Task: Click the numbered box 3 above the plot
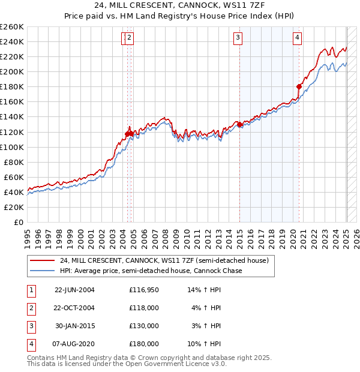pos(238,38)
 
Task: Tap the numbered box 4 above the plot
pos(297,38)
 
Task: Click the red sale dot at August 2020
pos(299,86)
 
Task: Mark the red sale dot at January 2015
pos(239,124)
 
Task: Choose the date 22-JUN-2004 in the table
pos(74,290)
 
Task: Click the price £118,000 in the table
pos(144,308)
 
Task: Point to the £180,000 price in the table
pos(144,344)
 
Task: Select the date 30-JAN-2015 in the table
pos(74,326)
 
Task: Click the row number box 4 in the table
pos(29,344)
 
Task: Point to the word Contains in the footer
pos(41,358)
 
